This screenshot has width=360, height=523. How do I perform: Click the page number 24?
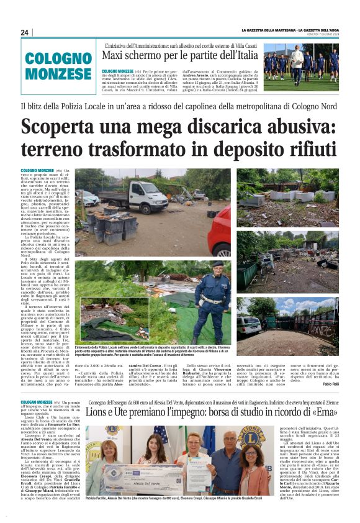pyautogui.click(x=25, y=32)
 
